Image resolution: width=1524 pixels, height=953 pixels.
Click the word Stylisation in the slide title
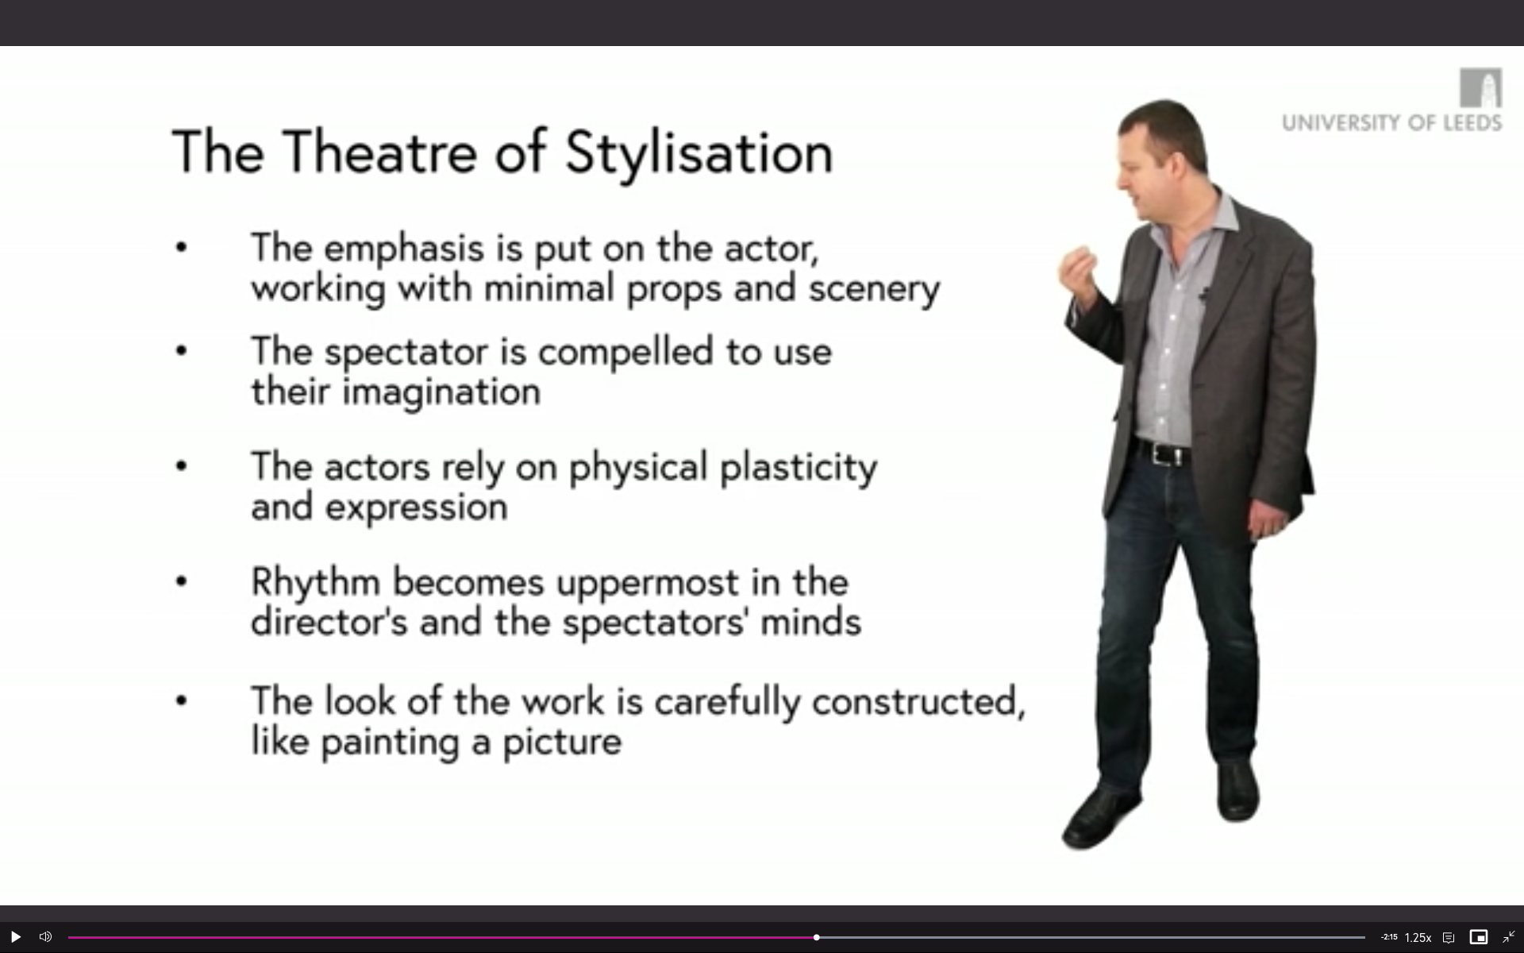pyautogui.click(x=699, y=153)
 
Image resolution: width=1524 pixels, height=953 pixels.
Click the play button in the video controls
pyautogui.click(x=15, y=937)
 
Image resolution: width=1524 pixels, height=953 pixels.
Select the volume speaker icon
pyautogui.click(x=45, y=937)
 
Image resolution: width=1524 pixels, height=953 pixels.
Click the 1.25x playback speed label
pyautogui.click(x=1418, y=938)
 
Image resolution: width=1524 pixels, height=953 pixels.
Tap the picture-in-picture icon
pyautogui.click(x=1478, y=937)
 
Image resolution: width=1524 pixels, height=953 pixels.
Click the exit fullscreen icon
pyautogui.click(x=1508, y=937)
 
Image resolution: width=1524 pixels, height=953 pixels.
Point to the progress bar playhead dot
pyautogui.click(x=816, y=937)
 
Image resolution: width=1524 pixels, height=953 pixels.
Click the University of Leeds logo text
pyautogui.click(x=1391, y=123)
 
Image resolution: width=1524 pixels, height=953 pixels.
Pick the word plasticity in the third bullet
pyautogui.click(x=799, y=468)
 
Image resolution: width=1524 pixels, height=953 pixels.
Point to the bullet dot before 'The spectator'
pyautogui.click(x=182, y=350)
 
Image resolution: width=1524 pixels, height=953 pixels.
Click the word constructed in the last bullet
pyautogui.click(x=918, y=702)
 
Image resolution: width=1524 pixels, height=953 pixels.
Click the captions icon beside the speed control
pyautogui.click(x=1449, y=938)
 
